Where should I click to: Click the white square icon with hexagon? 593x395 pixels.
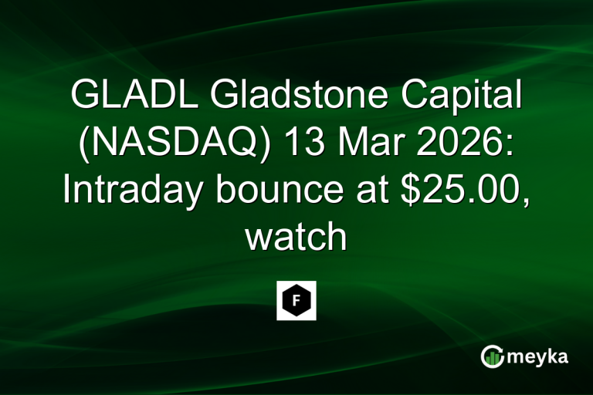tap(296, 300)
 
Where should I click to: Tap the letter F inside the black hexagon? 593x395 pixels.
tap(296, 300)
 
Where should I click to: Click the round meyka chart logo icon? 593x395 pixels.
tap(493, 356)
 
